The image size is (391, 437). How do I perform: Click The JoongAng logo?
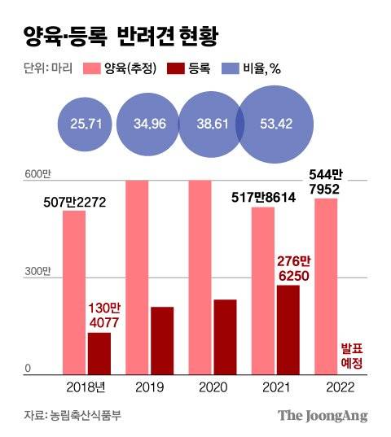[323, 415]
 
